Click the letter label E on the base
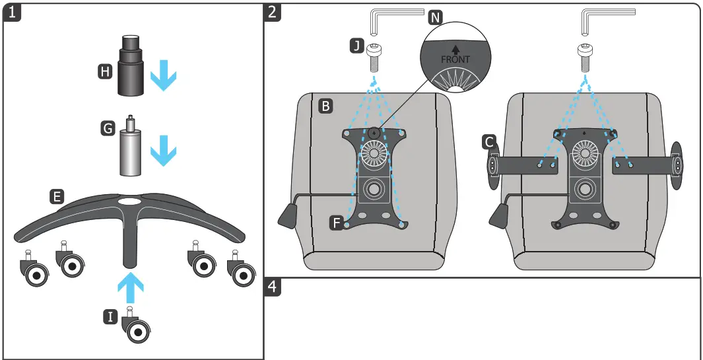[57, 196]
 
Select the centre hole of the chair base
[129, 199]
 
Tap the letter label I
[111, 318]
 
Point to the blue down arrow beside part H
[163, 77]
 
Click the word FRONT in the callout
[455, 59]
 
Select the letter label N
[436, 17]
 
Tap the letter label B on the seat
[325, 105]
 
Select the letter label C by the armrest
[489, 141]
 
